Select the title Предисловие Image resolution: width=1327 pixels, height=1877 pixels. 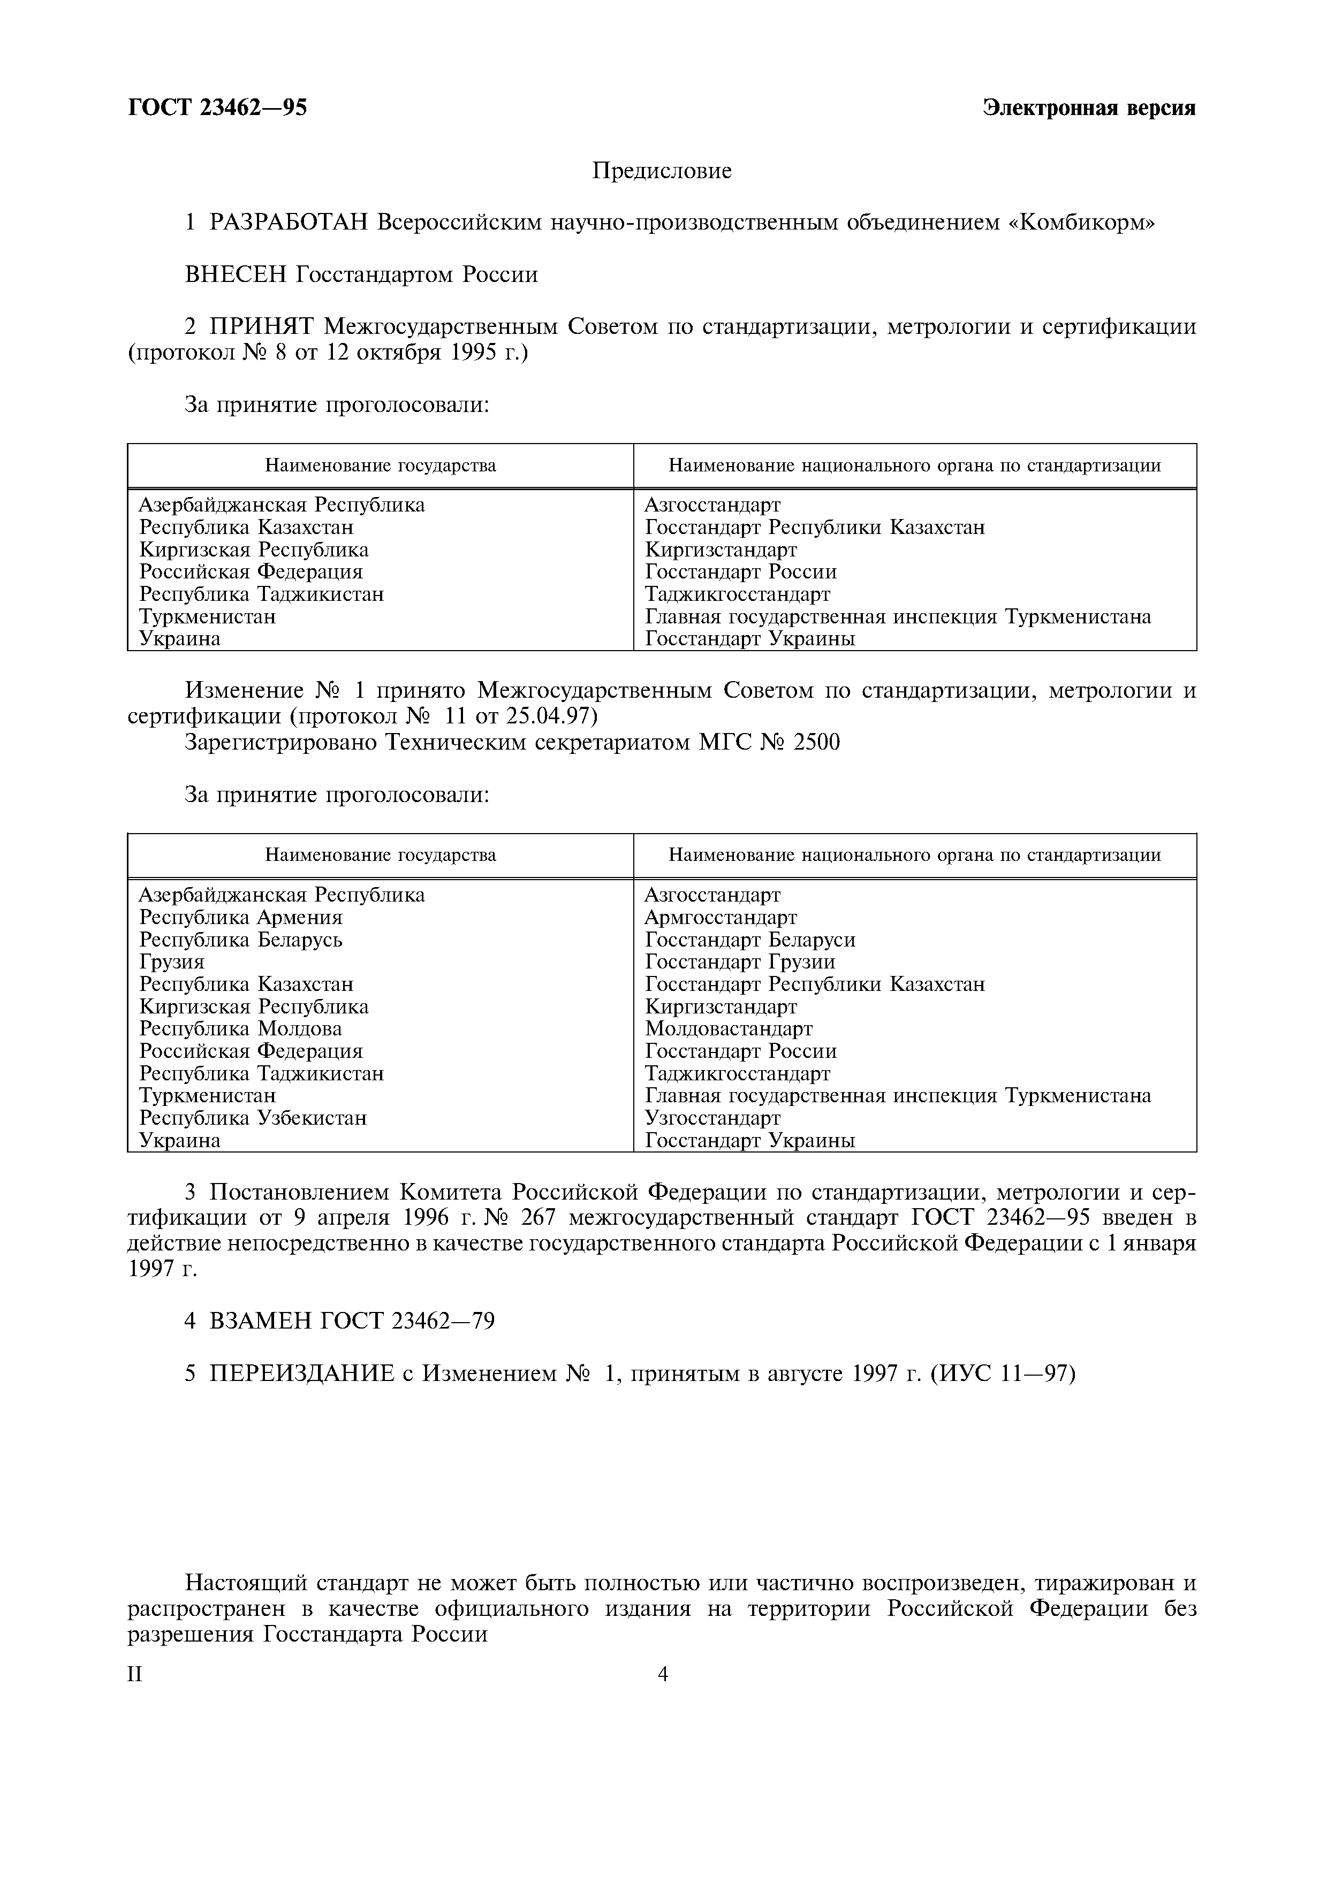tap(662, 171)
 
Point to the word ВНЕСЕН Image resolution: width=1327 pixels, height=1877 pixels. tap(236, 274)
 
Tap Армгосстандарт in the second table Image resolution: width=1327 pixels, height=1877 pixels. tap(721, 917)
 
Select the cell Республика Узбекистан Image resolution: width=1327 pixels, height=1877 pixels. tap(253, 1118)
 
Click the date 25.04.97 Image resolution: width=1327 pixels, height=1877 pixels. tap(553, 717)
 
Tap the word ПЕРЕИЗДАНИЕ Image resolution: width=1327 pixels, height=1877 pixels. tap(302, 1374)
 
